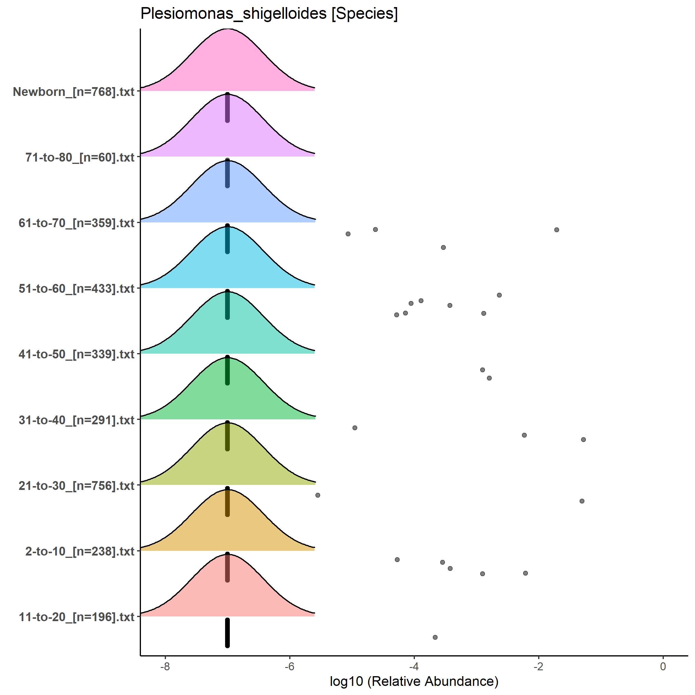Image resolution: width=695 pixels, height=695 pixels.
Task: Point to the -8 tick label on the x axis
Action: tap(165, 666)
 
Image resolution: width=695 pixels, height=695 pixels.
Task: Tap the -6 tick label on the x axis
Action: tap(289, 666)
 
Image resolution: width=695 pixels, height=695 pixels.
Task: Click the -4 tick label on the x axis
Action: tap(414, 666)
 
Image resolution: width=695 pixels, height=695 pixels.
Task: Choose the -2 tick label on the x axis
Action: tap(538, 666)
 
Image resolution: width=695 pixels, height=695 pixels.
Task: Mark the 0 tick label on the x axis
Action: tap(663, 666)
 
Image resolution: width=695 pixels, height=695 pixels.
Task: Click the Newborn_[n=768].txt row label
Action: tap(74, 92)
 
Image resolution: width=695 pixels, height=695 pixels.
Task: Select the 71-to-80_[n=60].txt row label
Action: tap(80, 157)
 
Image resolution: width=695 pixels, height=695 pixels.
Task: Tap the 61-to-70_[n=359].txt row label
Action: tap(77, 223)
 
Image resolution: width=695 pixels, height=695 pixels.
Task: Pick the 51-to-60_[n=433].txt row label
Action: tap(77, 288)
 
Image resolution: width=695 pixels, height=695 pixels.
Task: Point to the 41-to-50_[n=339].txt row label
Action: tap(77, 354)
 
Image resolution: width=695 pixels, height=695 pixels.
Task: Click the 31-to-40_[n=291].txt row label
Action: tap(77, 420)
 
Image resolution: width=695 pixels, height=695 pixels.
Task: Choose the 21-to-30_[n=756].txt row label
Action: tap(77, 485)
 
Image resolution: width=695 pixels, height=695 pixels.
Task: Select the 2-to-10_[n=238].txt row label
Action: tap(80, 551)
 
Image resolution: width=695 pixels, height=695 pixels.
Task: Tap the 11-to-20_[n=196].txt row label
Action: tap(77, 617)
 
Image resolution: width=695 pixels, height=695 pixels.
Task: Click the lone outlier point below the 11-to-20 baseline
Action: tap(435, 637)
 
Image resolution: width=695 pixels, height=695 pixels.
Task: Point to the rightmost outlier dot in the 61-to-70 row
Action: tap(556, 230)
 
